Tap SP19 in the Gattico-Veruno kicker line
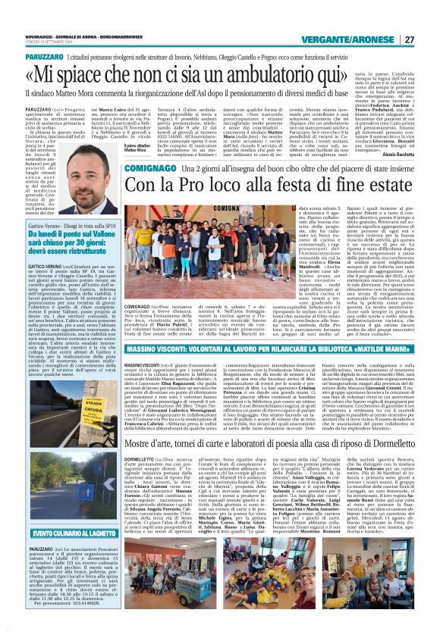point(105,225)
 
